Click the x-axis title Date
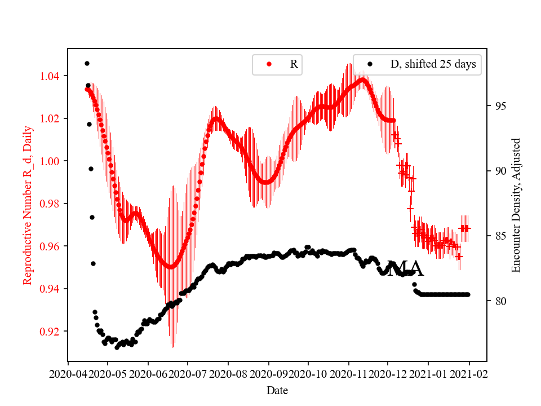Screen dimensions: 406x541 277,390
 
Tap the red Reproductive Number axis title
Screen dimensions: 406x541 28,205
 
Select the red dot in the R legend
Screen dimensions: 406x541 269,64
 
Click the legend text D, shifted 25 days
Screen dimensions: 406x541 433,64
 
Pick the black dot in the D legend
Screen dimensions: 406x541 370,64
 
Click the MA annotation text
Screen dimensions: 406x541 405,270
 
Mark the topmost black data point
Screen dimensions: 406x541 87,63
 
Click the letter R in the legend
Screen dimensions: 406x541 294,64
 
